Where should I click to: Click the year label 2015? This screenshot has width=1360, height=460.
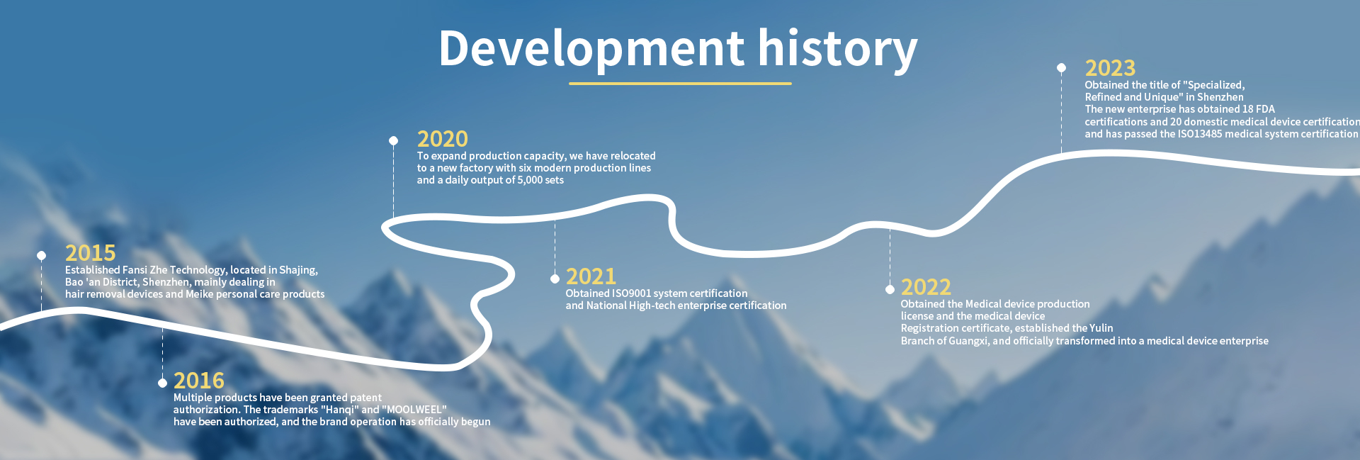90,253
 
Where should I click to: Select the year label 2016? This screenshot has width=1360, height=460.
198,381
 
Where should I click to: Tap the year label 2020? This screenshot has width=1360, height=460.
442,139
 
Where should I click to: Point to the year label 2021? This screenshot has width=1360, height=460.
591,276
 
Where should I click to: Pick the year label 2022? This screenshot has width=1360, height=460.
926,287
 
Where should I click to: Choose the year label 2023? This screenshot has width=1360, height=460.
1110,68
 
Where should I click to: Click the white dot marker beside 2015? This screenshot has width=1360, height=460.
42,255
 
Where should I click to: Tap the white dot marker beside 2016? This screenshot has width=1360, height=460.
162,383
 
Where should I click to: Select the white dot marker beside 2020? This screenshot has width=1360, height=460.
393,140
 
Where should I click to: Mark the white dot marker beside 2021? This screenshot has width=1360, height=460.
555,279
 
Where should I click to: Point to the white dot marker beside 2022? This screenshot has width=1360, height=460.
890,289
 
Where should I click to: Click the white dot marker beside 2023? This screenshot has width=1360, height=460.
1061,68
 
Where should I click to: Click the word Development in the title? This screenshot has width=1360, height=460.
591,50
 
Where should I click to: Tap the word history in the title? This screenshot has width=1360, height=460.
838,50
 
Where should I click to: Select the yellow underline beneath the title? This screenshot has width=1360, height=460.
680,84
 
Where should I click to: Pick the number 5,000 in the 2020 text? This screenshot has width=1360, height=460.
530,180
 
